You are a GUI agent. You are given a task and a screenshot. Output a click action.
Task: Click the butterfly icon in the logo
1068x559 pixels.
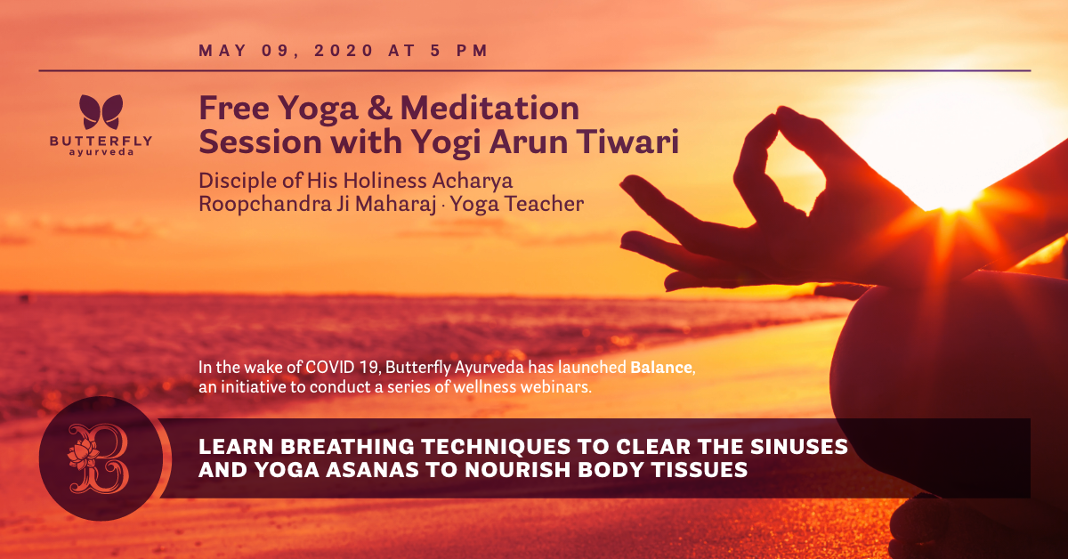[101, 111]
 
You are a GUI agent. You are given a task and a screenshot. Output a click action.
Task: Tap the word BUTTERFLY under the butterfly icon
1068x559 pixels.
[101, 142]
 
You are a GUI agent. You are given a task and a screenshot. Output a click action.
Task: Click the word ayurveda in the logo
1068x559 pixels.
[101, 152]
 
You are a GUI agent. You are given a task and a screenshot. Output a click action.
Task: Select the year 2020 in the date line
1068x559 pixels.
[344, 51]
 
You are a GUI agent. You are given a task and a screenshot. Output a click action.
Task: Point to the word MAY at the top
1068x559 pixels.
[222, 51]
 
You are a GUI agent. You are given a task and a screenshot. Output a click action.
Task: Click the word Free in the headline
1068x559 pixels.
[234, 108]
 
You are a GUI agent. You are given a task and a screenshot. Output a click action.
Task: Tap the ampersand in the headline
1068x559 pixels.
[379, 108]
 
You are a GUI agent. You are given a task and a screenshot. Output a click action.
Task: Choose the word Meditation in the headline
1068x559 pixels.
[489, 108]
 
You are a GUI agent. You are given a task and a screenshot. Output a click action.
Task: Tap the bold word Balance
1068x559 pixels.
[660, 368]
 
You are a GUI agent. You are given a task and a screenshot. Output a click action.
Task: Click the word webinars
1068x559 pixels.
[556, 387]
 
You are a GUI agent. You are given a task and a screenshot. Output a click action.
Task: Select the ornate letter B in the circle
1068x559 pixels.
[99, 458]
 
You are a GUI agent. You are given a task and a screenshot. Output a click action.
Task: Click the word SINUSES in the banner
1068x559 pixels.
[799, 447]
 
